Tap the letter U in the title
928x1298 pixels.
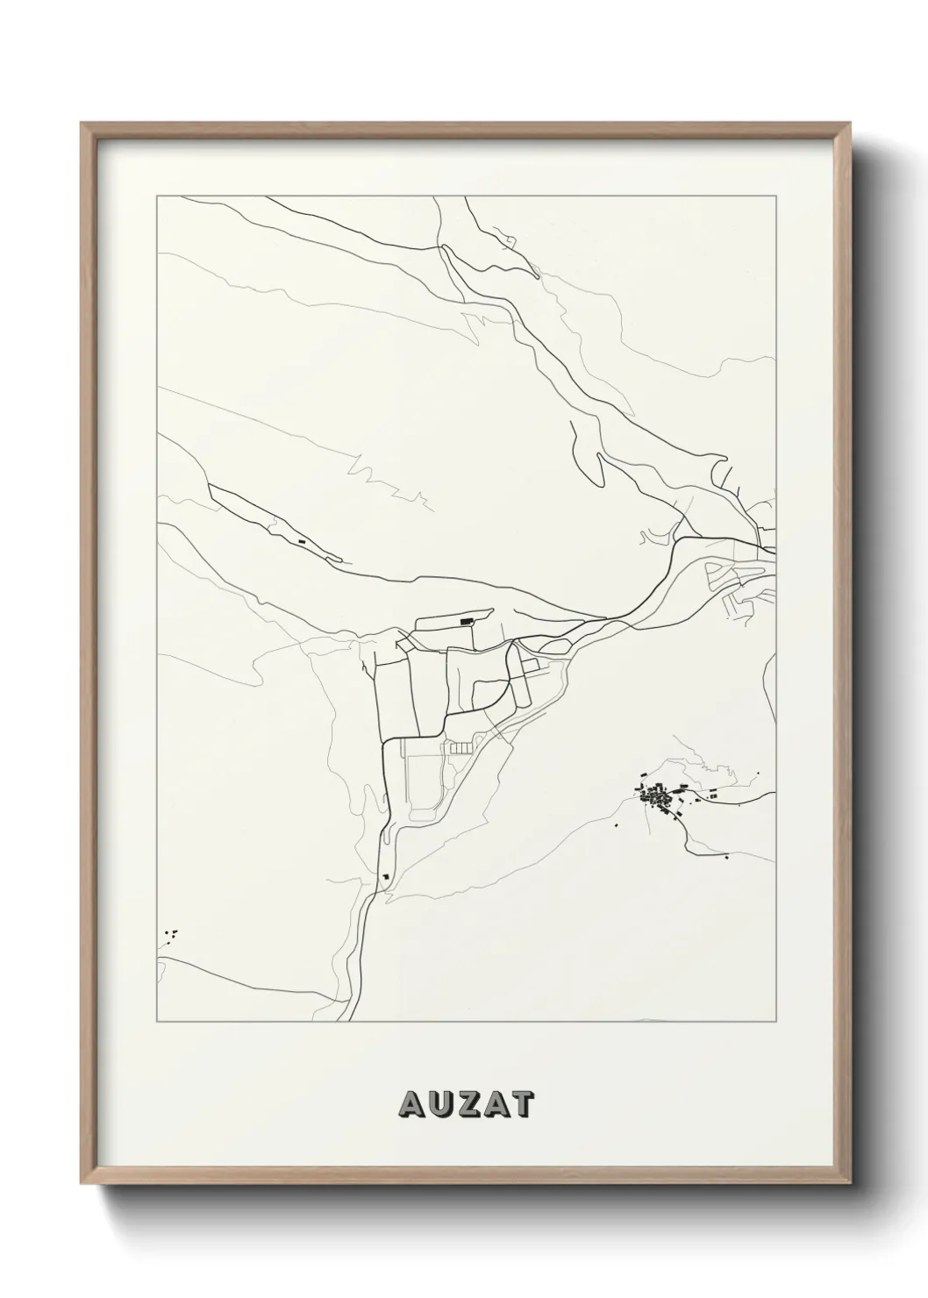(x=435, y=1104)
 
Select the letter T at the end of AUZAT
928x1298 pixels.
(x=521, y=1104)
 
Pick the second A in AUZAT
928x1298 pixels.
(x=494, y=1104)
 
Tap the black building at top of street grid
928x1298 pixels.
(x=466, y=622)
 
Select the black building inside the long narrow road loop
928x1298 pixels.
(x=302, y=541)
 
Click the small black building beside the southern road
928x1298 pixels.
(x=384, y=874)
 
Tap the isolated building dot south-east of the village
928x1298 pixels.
(x=727, y=857)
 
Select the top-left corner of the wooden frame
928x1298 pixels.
(x=82, y=124)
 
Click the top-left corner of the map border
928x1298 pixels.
(x=156, y=197)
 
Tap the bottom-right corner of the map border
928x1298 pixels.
(x=775, y=1022)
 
